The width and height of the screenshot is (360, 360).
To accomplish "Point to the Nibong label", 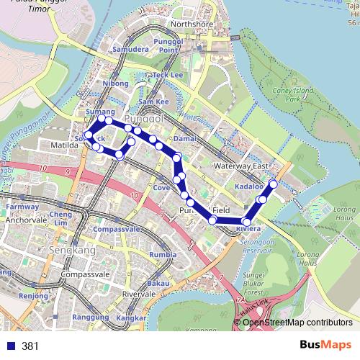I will tap(115, 84).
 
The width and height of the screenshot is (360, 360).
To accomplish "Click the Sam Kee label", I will tap(153, 102).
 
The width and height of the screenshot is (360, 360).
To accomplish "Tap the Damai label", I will tap(185, 136).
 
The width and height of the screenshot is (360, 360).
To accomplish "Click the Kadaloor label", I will tap(249, 187).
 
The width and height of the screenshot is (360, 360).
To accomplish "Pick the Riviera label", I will tap(247, 229).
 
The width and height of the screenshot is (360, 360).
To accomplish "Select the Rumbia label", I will tap(163, 255).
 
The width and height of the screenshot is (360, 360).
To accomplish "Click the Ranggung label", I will tap(91, 318).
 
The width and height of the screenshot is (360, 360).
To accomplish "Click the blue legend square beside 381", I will tap(9, 346).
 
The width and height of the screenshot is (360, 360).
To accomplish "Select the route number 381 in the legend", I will tap(30, 346).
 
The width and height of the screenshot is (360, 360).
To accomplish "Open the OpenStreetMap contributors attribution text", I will tap(297, 323).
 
